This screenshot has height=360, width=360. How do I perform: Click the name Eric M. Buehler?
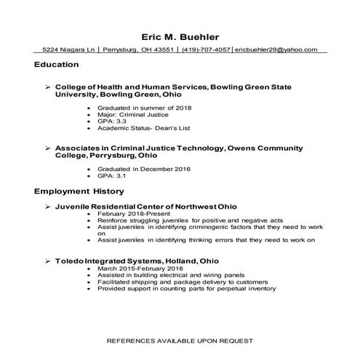tap(180, 36)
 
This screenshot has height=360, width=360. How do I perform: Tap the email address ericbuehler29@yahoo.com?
tap(276, 50)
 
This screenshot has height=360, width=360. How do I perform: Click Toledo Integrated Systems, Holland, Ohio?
tap(143, 260)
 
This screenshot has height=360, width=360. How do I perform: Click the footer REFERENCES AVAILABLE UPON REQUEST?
tap(180, 340)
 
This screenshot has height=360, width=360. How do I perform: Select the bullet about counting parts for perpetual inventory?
tap(186, 289)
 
